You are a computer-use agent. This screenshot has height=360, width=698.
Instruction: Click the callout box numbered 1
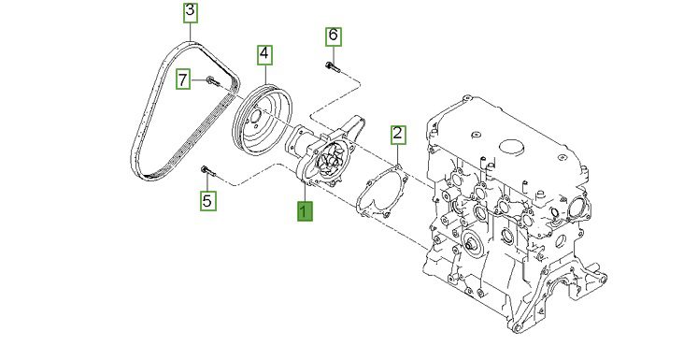point(305,210)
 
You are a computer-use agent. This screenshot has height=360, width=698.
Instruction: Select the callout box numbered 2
point(397,135)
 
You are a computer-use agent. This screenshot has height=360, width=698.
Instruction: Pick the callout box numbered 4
point(264,55)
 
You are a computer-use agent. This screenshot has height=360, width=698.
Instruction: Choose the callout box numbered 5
point(207,201)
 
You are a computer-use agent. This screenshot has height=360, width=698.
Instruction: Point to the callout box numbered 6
point(334,36)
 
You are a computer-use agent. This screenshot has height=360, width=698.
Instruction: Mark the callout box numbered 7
point(183,79)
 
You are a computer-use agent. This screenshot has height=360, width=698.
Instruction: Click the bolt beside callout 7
point(213,81)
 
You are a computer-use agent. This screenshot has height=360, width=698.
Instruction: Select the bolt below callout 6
point(333,67)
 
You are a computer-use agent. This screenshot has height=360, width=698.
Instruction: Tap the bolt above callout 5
point(208,170)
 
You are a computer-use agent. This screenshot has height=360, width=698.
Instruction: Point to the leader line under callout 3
point(191,32)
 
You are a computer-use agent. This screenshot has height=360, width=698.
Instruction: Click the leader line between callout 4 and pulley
point(264,75)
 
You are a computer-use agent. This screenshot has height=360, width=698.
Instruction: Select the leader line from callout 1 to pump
point(305,192)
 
